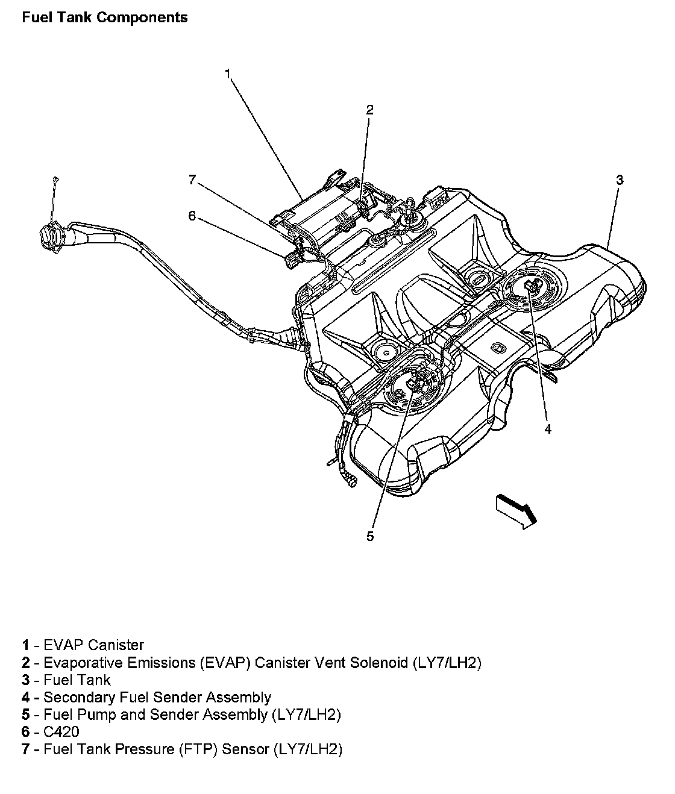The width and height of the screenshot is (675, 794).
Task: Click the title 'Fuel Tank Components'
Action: point(104,17)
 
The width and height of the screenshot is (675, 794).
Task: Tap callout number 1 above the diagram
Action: point(227,73)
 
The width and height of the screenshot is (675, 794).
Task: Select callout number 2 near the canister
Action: point(369,109)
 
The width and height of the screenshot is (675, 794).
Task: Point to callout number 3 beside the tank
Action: point(619,180)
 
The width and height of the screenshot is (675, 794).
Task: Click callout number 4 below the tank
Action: point(547,429)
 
